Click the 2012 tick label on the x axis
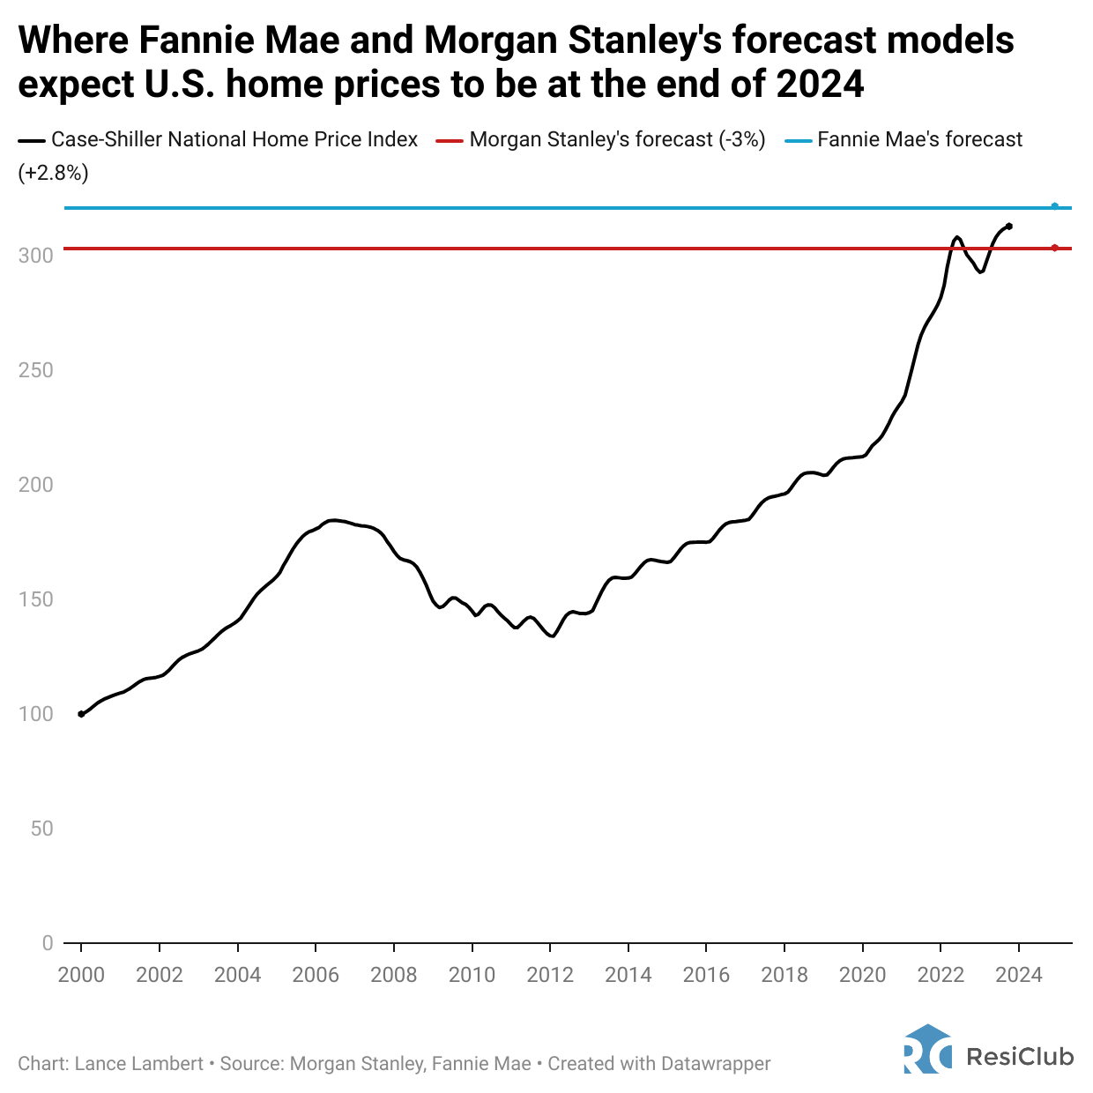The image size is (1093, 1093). coord(550,974)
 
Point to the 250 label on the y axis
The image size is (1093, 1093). coord(36,370)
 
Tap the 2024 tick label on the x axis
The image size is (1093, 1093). coord(1019,974)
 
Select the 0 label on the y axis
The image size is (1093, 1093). coord(48,943)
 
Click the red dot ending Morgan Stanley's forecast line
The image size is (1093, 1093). coord(1055,248)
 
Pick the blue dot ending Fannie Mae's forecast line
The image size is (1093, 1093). coord(1055,206)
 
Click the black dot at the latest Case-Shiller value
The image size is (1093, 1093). coord(1009,227)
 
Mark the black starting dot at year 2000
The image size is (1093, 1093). coord(81,714)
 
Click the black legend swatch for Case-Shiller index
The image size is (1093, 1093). coord(32,140)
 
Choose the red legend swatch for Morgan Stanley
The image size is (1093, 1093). coord(450,140)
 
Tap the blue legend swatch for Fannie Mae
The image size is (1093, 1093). coord(798,140)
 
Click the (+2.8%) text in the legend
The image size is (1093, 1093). coord(53,173)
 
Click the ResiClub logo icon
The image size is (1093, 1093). coord(927,1049)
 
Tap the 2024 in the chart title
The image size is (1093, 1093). coord(820,84)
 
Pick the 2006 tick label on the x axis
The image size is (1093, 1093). coord(316,974)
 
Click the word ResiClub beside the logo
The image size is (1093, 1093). coord(1020,1056)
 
